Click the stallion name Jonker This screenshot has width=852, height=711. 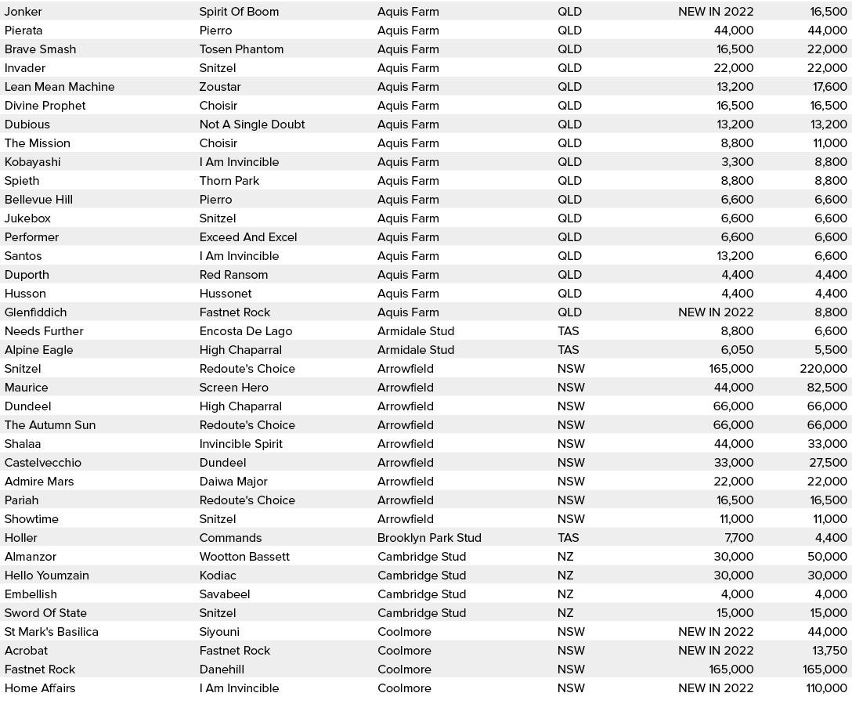tap(23, 12)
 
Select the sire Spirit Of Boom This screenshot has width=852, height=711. tap(239, 12)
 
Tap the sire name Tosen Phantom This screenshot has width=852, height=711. tap(241, 49)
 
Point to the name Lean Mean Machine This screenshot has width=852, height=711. tap(60, 87)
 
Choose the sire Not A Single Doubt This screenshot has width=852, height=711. tap(252, 125)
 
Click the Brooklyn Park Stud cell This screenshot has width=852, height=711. tap(429, 538)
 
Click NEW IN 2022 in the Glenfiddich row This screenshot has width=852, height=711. tap(716, 312)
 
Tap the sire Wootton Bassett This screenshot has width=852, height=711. tap(244, 557)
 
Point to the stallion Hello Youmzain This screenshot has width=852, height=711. tap(47, 576)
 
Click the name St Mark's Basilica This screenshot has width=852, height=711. tap(52, 632)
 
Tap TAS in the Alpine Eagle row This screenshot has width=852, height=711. tap(569, 350)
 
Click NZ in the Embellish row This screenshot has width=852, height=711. tap(565, 594)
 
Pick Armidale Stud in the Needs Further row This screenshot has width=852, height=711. tap(416, 331)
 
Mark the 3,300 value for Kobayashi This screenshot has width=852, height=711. tap(737, 162)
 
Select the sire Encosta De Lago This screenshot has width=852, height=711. tap(246, 331)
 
